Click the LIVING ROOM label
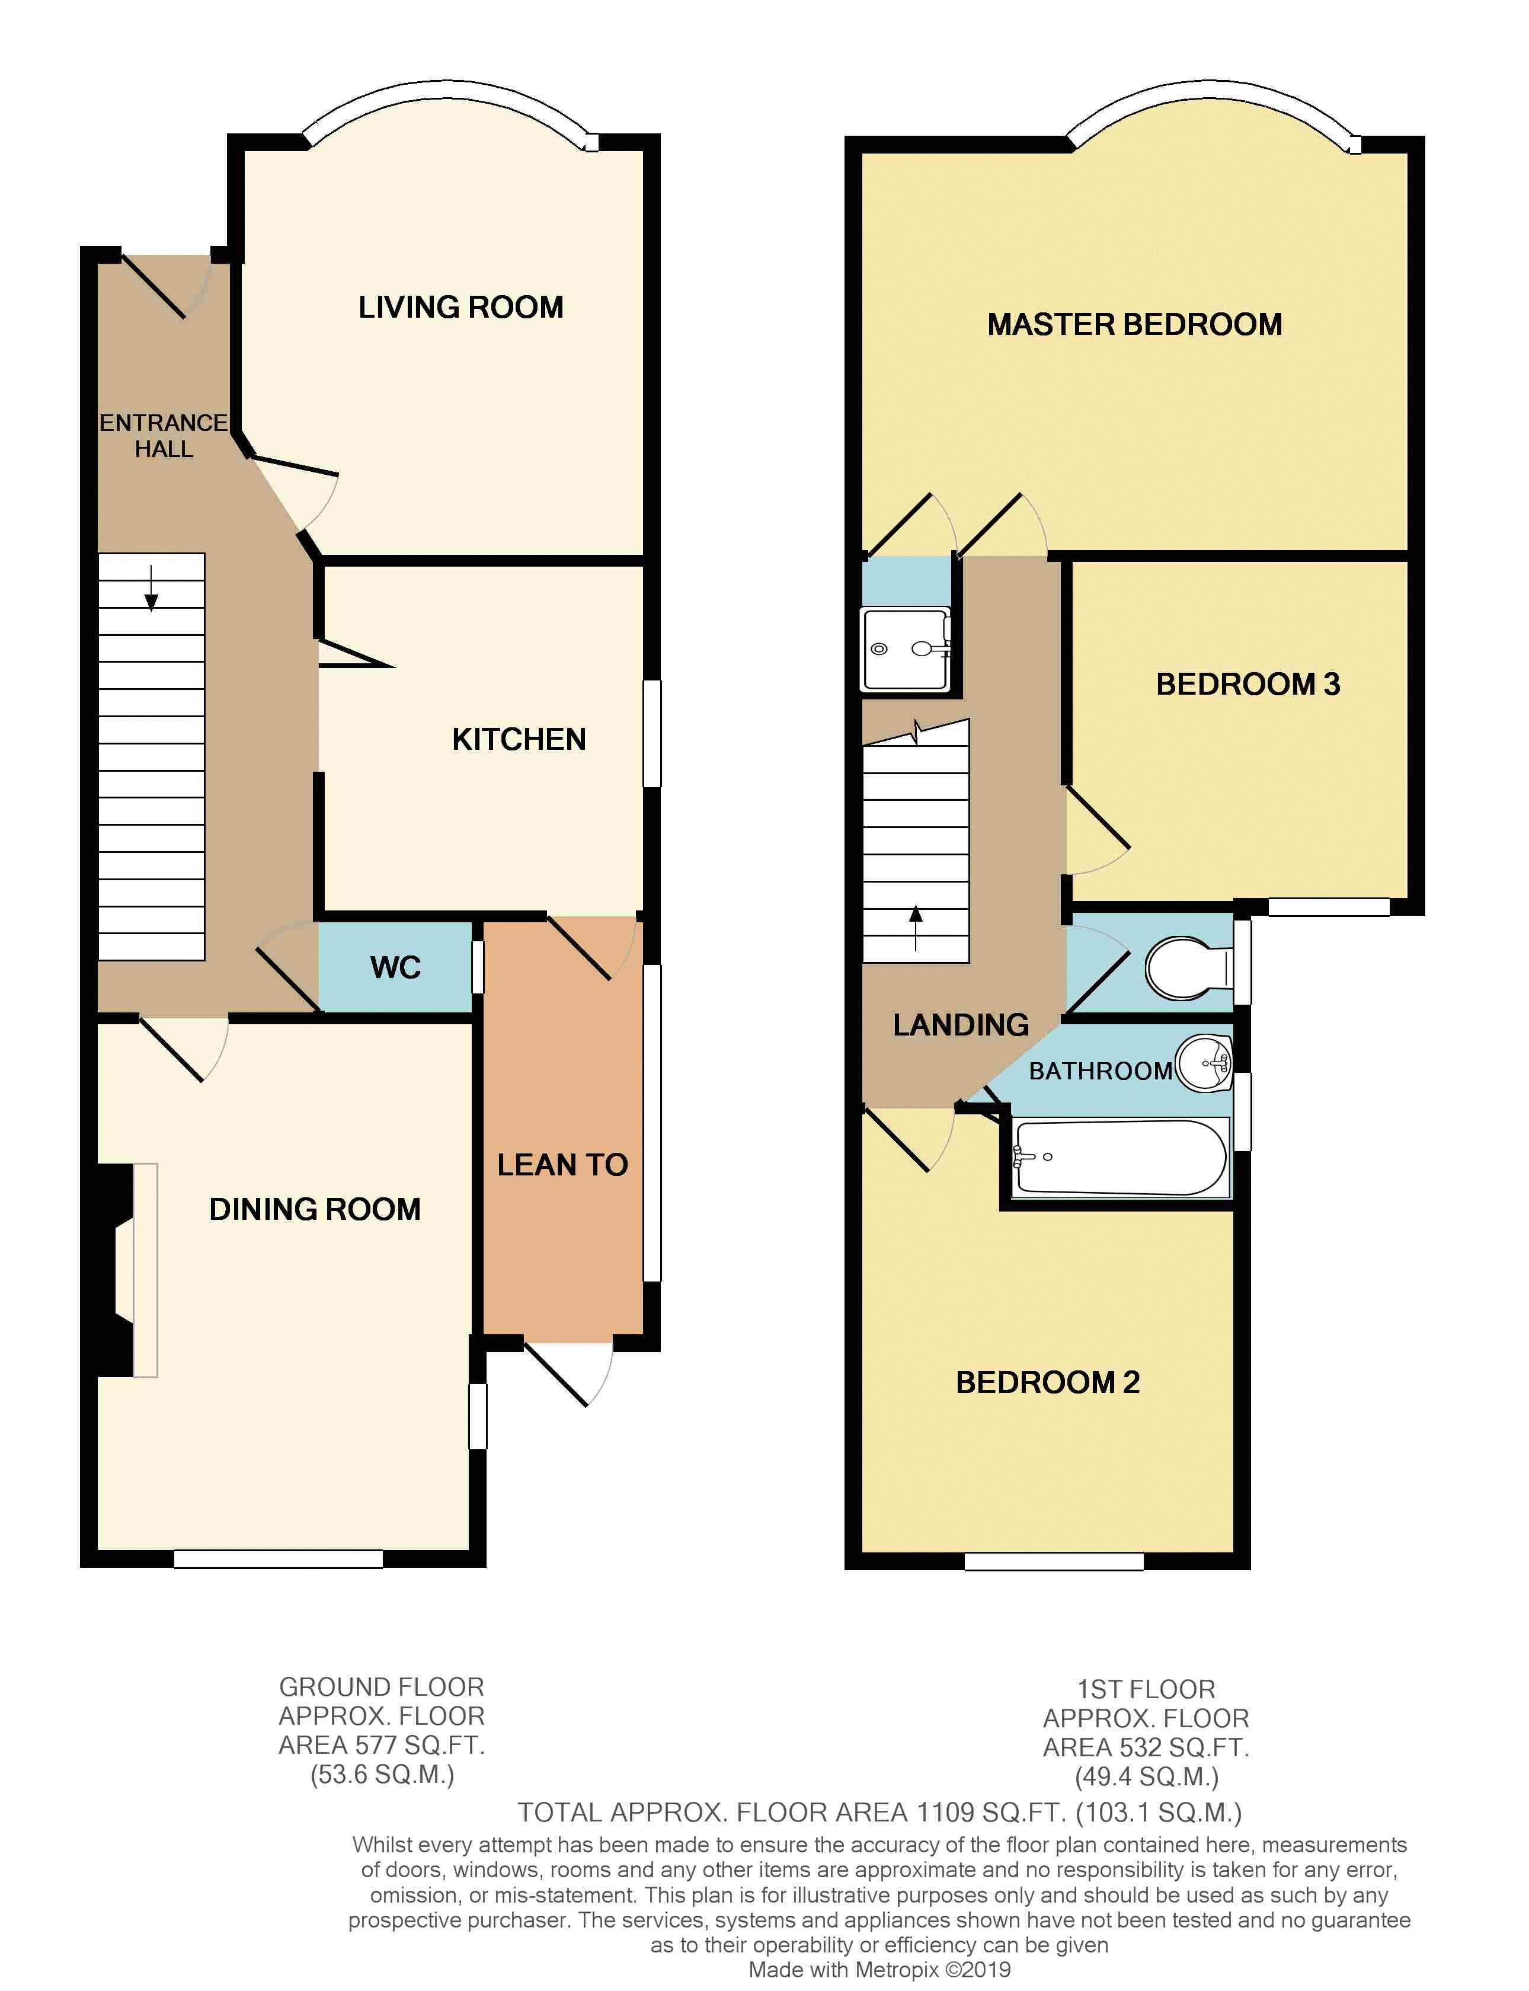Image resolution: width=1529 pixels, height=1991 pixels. (x=460, y=308)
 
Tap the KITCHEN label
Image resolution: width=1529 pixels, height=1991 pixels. (x=519, y=739)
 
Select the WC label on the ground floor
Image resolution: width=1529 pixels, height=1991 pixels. (x=395, y=967)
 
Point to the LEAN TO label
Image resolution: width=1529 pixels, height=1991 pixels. (x=562, y=1164)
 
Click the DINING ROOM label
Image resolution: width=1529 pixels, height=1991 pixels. (x=315, y=1209)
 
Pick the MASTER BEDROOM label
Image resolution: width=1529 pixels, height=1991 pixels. (x=1134, y=325)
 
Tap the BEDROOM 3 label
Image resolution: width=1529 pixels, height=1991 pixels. (x=1247, y=685)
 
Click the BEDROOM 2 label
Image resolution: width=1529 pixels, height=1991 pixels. (x=1048, y=1382)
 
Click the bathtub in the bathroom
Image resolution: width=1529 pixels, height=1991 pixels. (x=1121, y=1157)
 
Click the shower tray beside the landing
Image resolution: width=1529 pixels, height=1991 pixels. (x=906, y=649)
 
